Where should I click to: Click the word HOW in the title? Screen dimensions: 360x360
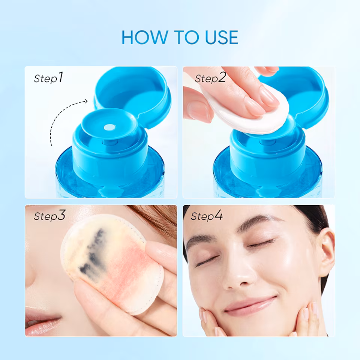coord(145,37)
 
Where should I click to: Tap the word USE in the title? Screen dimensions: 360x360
coord(222,37)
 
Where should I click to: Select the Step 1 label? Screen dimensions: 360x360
coord(48,78)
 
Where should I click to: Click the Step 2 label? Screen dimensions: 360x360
coord(210,78)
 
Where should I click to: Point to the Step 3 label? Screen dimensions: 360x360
coord(49,215)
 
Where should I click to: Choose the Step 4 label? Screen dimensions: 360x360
coord(207,215)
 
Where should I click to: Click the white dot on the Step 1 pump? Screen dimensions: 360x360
coord(109,127)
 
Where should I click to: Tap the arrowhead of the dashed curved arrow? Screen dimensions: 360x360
coord(86,101)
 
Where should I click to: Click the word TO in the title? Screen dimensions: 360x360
coord(186,37)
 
